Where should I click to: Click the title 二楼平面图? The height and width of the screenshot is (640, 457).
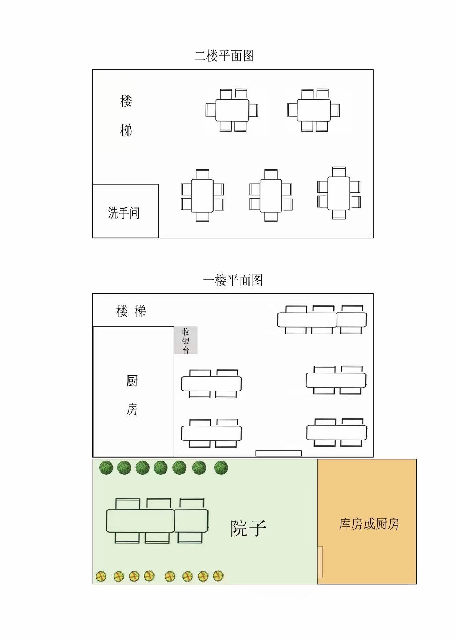[224, 56]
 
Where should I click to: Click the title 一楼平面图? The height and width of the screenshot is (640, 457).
[233, 280]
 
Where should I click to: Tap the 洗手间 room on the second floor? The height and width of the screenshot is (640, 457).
[125, 211]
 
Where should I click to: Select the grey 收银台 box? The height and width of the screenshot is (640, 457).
[186, 340]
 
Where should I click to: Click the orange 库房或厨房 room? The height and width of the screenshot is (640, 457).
[367, 521]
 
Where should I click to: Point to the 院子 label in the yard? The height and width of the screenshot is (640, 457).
[248, 528]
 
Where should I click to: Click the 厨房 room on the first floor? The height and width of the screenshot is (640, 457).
[133, 392]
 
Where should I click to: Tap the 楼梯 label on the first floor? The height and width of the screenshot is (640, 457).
[131, 311]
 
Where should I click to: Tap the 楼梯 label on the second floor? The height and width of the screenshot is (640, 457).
[126, 115]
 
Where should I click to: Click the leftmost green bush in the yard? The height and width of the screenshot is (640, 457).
[106, 467]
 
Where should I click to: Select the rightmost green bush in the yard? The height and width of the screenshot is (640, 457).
[221, 467]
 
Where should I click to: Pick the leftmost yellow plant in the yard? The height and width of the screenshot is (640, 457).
[101, 576]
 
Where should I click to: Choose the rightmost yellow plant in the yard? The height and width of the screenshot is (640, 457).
[218, 576]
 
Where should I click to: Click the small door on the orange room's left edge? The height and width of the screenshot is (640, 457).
[320, 562]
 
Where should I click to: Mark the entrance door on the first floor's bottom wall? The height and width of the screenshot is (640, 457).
[278, 454]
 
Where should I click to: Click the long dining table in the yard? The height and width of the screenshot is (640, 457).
[157, 520]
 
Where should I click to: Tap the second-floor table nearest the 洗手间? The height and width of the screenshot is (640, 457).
[202, 196]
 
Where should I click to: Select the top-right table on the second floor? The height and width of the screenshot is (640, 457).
[313, 110]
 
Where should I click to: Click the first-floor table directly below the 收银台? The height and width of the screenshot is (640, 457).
[211, 384]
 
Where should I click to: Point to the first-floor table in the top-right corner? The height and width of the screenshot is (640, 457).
[322, 320]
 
